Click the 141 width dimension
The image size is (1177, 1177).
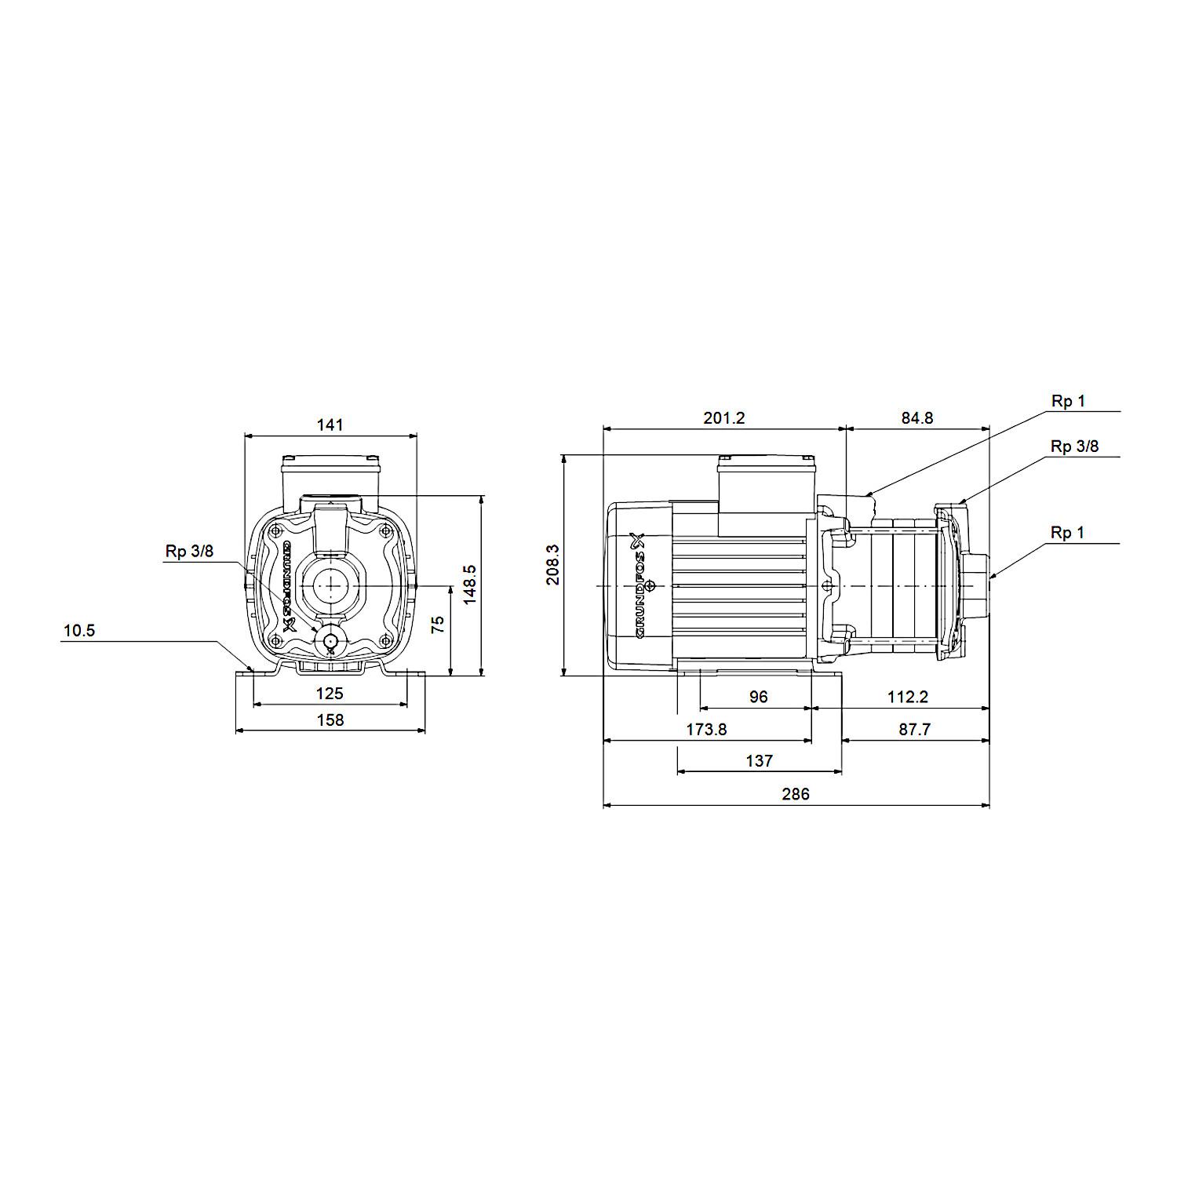(x=330, y=425)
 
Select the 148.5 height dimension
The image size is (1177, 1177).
(x=469, y=585)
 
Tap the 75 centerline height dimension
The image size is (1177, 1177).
(x=438, y=624)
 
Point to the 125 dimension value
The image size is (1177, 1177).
(x=330, y=694)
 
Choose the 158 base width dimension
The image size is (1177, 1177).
(x=330, y=720)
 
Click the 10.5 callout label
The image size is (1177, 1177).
(x=79, y=630)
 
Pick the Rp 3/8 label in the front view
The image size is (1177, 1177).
(x=189, y=551)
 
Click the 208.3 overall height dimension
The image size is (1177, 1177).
(x=554, y=564)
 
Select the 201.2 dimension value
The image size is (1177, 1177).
(x=723, y=418)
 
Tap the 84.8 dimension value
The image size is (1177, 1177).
(x=917, y=418)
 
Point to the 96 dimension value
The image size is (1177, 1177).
(x=758, y=697)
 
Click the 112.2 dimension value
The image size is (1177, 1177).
(x=908, y=697)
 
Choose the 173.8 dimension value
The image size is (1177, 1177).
(x=706, y=730)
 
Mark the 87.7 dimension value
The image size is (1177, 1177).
(x=914, y=730)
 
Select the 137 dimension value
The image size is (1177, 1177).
(x=759, y=761)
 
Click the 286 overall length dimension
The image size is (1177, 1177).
(x=795, y=794)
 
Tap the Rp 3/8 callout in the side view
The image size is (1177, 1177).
(x=1075, y=446)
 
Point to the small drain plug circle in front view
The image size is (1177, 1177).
(x=330, y=641)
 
